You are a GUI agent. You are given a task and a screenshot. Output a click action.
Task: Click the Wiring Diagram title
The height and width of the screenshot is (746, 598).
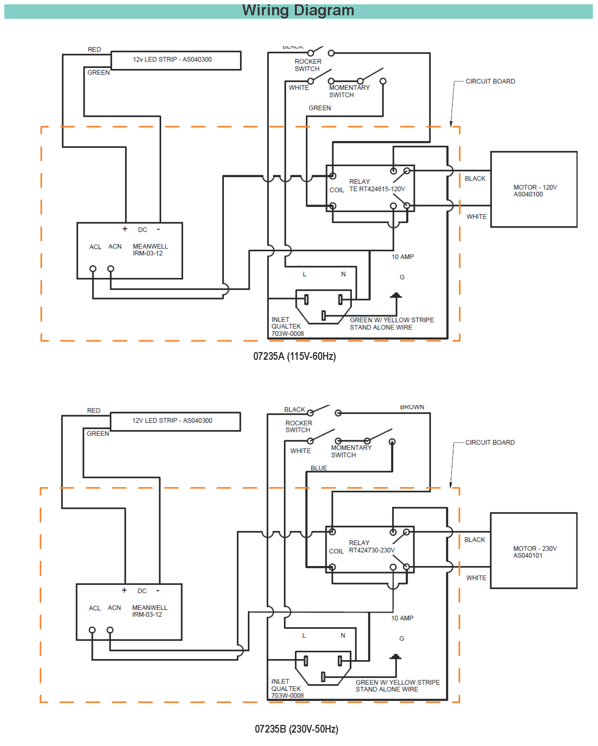pos(298,11)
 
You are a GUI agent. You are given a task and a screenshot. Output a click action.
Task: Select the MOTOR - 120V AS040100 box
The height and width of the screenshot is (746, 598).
pos(533,190)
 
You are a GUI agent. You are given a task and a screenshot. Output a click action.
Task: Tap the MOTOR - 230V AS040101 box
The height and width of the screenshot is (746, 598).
pos(533,551)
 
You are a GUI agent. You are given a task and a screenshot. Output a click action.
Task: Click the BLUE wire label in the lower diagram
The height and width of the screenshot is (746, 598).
pos(318,468)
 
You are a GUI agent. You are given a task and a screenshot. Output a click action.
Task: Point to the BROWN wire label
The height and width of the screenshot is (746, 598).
pos(412,407)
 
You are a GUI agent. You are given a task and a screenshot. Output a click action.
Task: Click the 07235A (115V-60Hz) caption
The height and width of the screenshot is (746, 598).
pos(294,356)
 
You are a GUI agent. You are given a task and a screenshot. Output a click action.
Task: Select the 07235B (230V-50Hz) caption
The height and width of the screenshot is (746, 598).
pos(296,729)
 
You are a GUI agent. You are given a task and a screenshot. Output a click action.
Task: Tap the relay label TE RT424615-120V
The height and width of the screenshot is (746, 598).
pos(377,189)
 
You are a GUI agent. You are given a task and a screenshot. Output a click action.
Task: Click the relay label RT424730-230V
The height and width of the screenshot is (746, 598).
pos(372,550)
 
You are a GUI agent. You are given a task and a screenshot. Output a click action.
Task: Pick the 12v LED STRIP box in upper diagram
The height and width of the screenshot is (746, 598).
pos(176,60)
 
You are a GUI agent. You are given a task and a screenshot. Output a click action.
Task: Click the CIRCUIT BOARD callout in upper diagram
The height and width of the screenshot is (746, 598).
pos(490,82)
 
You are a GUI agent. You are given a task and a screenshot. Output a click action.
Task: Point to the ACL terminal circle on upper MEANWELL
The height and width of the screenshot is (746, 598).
pos(93,269)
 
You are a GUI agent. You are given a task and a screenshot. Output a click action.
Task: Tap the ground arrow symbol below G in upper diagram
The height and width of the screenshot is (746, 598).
pos(396,296)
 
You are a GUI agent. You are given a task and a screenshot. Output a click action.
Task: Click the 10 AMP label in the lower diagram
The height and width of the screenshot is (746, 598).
pos(402,618)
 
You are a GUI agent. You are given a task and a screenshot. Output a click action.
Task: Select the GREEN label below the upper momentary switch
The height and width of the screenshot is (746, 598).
pos(320,108)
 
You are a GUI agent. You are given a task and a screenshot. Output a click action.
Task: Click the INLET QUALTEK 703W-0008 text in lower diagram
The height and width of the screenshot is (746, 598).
pos(287,688)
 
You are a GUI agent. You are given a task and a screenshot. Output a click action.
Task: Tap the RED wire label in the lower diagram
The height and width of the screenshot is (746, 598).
pos(94,411)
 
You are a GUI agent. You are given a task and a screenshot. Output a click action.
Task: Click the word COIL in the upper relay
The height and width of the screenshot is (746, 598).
pos(336,190)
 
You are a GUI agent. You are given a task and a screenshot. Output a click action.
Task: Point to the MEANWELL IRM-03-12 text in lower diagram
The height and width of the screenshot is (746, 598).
pos(149,611)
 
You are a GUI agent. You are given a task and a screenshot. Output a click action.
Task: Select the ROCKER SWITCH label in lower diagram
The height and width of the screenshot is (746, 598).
pos(298,427)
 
